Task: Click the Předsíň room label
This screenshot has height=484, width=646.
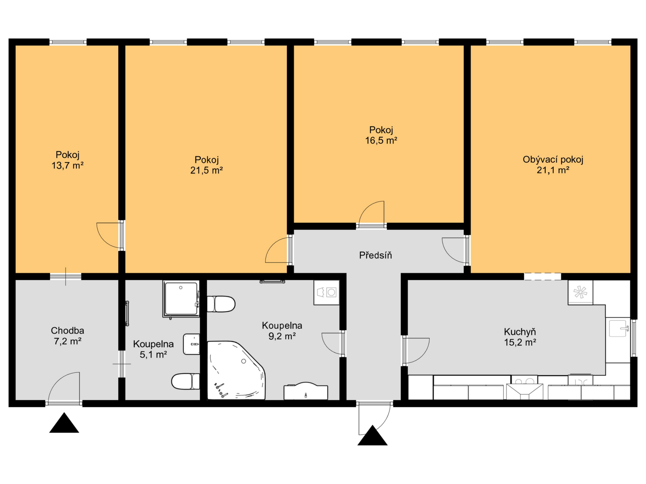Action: click(375, 255)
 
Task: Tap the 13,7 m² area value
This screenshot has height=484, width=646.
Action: click(68, 166)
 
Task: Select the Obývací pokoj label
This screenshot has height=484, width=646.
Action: click(553, 160)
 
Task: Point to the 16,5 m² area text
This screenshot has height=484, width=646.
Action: click(381, 141)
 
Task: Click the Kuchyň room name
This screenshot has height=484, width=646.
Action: click(520, 332)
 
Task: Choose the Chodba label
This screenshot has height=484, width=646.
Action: click(67, 331)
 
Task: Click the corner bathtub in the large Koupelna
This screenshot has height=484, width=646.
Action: click(237, 370)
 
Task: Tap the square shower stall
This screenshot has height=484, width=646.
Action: click(181, 299)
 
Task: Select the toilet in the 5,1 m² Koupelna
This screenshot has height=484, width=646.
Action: click(185, 381)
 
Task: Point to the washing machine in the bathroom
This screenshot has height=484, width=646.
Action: click(327, 293)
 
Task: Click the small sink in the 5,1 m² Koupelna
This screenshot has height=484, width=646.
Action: click(191, 344)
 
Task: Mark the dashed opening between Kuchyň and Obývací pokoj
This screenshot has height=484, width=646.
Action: click(543, 277)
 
